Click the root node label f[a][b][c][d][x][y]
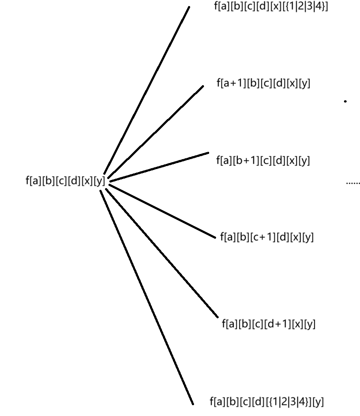point(65,181)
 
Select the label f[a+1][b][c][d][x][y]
point(263,83)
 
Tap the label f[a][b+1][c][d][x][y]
point(263,160)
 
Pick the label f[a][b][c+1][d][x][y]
point(267,237)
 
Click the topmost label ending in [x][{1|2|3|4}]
point(271,7)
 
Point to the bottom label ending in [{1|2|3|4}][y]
point(266,402)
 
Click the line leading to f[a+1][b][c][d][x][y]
point(153,133)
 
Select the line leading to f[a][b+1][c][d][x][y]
point(158,166)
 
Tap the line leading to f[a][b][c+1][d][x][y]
point(161,211)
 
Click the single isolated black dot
point(345,101)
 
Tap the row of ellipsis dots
point(353,183)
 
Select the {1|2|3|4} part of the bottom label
point(288,402)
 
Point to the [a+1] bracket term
point(233,83)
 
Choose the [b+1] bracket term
point(247,160)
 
